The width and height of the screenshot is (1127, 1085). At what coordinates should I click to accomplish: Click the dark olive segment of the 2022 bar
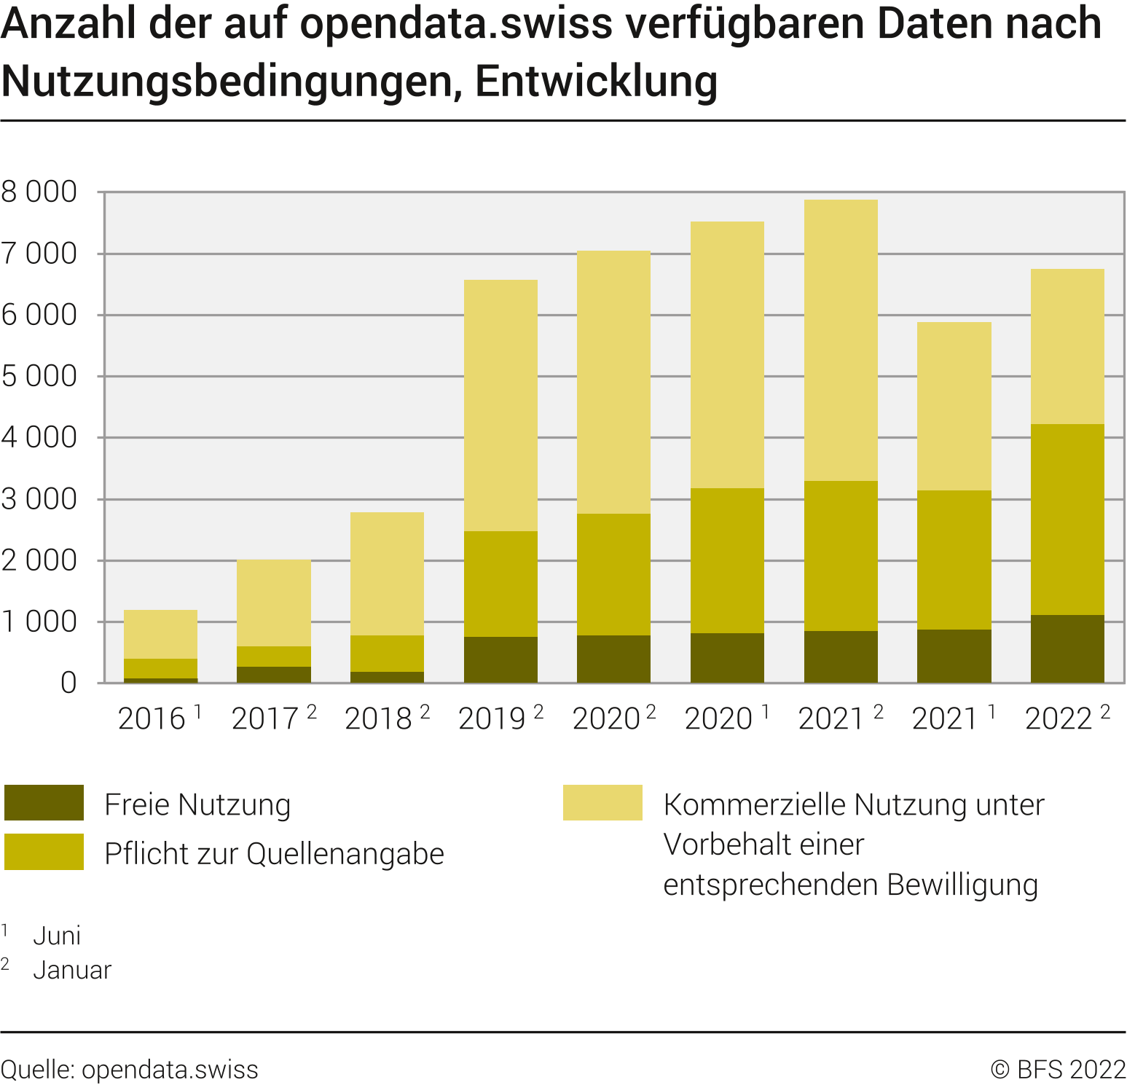(1067, 649)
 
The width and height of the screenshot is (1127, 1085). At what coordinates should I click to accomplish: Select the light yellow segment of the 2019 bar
(500, 405)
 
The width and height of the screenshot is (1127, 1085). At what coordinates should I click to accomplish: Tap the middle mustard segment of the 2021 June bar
(954, 560)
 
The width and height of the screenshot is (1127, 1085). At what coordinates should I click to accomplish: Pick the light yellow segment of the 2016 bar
(160, 634)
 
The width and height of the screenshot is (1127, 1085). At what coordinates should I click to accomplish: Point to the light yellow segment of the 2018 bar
(387, 573)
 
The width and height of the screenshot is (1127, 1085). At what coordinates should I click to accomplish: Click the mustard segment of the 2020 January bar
(613, 574)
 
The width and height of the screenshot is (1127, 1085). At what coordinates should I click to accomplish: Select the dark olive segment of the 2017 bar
(274, 675)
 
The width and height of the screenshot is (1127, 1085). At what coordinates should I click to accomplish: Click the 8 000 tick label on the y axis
(39, 192)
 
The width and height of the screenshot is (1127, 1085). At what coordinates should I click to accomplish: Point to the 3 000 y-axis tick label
(39, 499)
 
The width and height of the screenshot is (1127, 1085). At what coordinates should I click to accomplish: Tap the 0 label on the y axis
(68, 683)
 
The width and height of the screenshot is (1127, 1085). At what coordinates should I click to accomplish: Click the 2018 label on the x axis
(379, 719)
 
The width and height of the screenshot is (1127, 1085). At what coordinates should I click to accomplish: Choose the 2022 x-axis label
(1059, 719)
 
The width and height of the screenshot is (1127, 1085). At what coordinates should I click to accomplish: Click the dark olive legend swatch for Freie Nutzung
(44, 803)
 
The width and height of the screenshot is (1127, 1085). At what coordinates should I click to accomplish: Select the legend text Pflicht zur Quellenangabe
(274, 853)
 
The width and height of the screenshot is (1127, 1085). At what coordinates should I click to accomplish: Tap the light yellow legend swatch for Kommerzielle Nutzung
(602, 803)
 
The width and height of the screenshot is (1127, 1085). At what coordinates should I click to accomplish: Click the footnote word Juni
(57, 936)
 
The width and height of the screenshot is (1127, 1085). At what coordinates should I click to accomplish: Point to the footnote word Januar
(72, 970)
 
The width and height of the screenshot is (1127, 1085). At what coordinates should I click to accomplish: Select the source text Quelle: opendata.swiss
(130, 1070)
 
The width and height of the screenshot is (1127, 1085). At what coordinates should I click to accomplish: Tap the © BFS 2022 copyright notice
(1058, 1070)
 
